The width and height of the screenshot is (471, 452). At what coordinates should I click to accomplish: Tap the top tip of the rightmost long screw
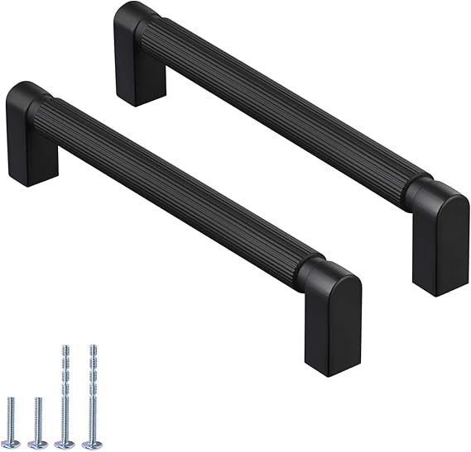click(92, 347)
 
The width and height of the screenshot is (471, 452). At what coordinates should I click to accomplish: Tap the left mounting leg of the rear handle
click(139, 70)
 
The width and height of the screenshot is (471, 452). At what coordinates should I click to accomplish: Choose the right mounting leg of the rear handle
click(439, 248)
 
